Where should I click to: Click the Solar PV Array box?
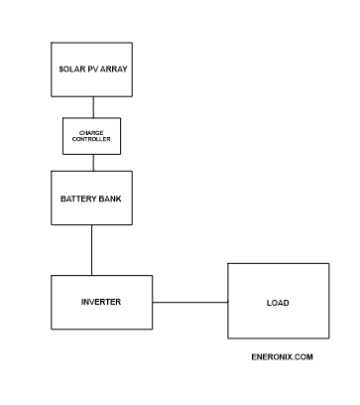click(x=92, y=69)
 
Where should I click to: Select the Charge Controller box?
click(x=92, y=136)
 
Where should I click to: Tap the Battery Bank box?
click(x=92, y=197)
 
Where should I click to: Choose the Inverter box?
click(x=101, y=302)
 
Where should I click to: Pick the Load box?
click(x=278, y=302)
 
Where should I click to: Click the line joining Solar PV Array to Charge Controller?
click(x=92, y=107)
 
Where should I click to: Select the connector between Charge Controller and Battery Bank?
click(x=92, y=162)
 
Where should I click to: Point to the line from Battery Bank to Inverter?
click(x=92, y=249)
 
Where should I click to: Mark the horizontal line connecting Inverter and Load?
click(x=189, y=302)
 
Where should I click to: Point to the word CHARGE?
click(x=92, y=132)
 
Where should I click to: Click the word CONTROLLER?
click(x=92, y=140)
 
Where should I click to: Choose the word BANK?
click(x=111, y=197)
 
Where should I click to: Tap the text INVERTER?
click(x=101, y=301)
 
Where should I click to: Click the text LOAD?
click(x=278, y=303)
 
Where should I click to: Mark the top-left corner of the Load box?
click(x=228, y=264)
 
